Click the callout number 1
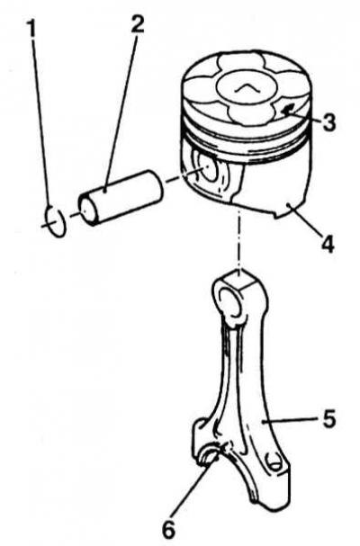click(31, 28)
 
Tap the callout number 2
click(137, 22)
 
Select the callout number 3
click(328, 121)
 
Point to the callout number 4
click(327, 244)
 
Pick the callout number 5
click(328, 418)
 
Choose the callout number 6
click(169, 530)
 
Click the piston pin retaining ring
click(55, 220)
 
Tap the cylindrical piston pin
click(121, 197)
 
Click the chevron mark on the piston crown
click(245, 89)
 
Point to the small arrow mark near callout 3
click(288, 111)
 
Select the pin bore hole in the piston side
click(209, 170)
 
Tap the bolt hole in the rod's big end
click(275, 463)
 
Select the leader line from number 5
click(290, 420)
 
